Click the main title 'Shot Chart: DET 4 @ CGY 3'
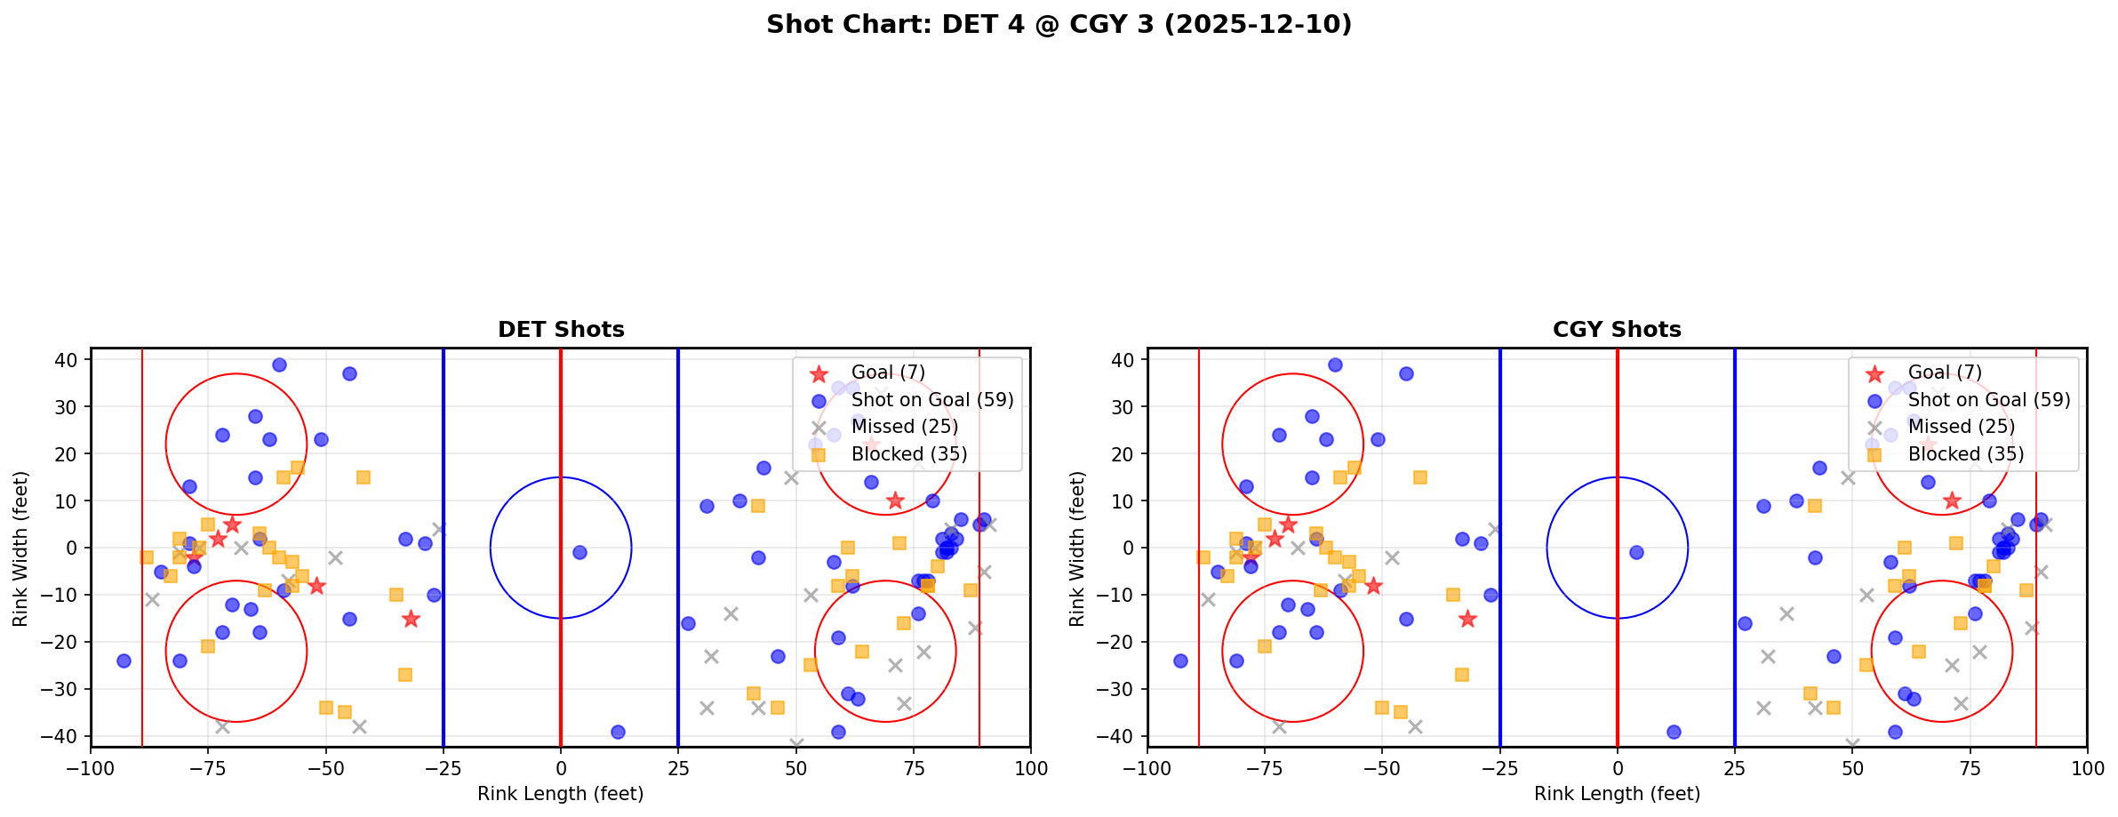pyautogui.click(x=1058, y=25)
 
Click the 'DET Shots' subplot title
pyautogui.click(x=561, y=330)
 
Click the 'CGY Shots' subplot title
pyautogui.click(x=1617, y=330)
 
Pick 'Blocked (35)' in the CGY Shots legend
pyautogui.click(x=1965, y=454)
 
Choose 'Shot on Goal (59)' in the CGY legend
pyautogui.click(x=1989, y=400)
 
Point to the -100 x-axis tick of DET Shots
pyautogui.click(x=91, y=768)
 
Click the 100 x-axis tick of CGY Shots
pyautogui.click(x=2086, y=768)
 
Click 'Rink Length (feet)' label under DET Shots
pyautogui.click(x=561, y=794)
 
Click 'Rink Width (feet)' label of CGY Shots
pyautogui.click(x=1077, y=549)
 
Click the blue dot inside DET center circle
pyautogui.click(x=579, y=552)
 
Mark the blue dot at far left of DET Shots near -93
pyautogui.click(x=124, y=661)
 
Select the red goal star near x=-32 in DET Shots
pyautogui.click(x=411, y=619)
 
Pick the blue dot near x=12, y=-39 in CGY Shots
pyautogui.click(x=1674, y=732)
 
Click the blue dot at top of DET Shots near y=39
pyautogui.click(x=279, y=364)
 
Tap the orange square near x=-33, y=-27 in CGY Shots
pyautogui.click(x=1462, y=675)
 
